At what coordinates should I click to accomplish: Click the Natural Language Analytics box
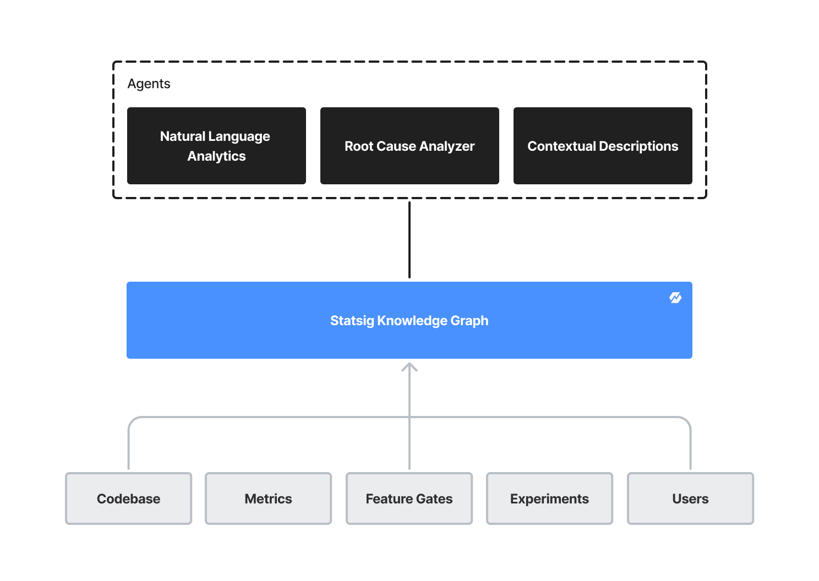[x=216, y=146]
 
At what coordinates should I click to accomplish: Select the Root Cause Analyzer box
[x=409, y=146]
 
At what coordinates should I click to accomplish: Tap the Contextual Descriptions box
[x=603, y=146]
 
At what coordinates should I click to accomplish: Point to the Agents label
[x=149, y=84]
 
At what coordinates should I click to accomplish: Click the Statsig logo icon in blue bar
[x=675, y=298]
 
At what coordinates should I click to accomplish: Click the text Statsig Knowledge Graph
[x=409, y=320]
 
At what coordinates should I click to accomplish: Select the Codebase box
[x=128, y=498]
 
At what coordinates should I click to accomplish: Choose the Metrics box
[x=268, y=498]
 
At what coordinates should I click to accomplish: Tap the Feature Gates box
[x=409, y=498]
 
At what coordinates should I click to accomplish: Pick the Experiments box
[x=549, y=498]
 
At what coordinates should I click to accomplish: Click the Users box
[x=690, y=498]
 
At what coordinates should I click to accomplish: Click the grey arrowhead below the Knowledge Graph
[x=409, y=367]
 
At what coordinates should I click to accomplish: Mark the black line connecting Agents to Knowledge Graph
[x=409, y=240]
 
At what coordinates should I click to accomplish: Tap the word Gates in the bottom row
[x=434, y=499]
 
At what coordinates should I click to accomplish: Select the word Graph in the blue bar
[x=469, y=321]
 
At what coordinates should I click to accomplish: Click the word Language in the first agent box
[x=239, y=136]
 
